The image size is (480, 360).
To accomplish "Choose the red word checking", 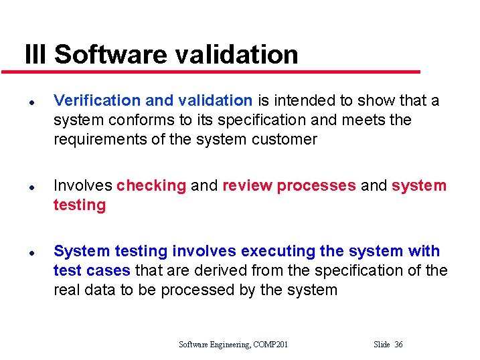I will (151, 185).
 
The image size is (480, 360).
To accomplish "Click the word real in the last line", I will (66, 290).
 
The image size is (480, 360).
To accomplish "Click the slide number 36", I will (398, 345).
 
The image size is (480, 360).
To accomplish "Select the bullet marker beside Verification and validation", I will (31, 102).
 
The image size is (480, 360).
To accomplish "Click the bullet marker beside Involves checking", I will (31, 187).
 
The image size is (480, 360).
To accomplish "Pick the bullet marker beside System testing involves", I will (31, 252).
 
